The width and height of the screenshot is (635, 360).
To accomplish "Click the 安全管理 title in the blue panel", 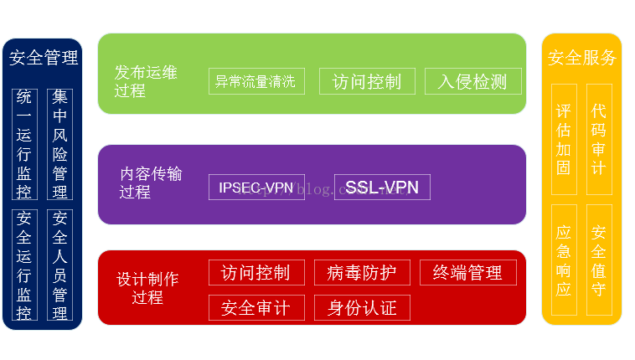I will (x=44, y=58).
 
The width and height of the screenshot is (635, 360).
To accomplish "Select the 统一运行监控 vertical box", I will (x=24, y=144).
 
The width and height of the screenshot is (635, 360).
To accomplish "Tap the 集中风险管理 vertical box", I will (x=59, y=144).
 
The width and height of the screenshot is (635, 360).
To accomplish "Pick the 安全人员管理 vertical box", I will (x=59, y=265).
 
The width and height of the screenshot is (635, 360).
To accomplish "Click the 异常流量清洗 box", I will (x=256, y=81).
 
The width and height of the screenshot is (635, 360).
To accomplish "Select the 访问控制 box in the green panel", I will (x=367, y=81).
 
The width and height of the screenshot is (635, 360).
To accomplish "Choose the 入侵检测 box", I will (x=473, y=81).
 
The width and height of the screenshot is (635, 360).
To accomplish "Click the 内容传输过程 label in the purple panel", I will (x=151, y=183).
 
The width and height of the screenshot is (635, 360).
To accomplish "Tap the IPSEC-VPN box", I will (x=256, y=187).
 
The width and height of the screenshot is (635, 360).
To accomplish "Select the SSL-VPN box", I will (x=382, y=187).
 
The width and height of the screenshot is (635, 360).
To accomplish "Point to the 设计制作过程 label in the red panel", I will (x=148, y=287).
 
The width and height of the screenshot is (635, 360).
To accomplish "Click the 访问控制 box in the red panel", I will (x=256, y=272).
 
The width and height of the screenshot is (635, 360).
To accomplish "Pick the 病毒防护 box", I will (x=363, y=272).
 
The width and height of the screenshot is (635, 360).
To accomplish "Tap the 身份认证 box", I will (x=363, y=307).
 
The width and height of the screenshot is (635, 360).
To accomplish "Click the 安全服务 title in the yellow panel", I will (x=581, y=58).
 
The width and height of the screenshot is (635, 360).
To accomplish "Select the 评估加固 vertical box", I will (x=564, y=140).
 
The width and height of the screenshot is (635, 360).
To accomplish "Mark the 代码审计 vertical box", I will (x=599, y=140).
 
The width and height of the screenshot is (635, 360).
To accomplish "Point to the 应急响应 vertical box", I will (x=564, y=260).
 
